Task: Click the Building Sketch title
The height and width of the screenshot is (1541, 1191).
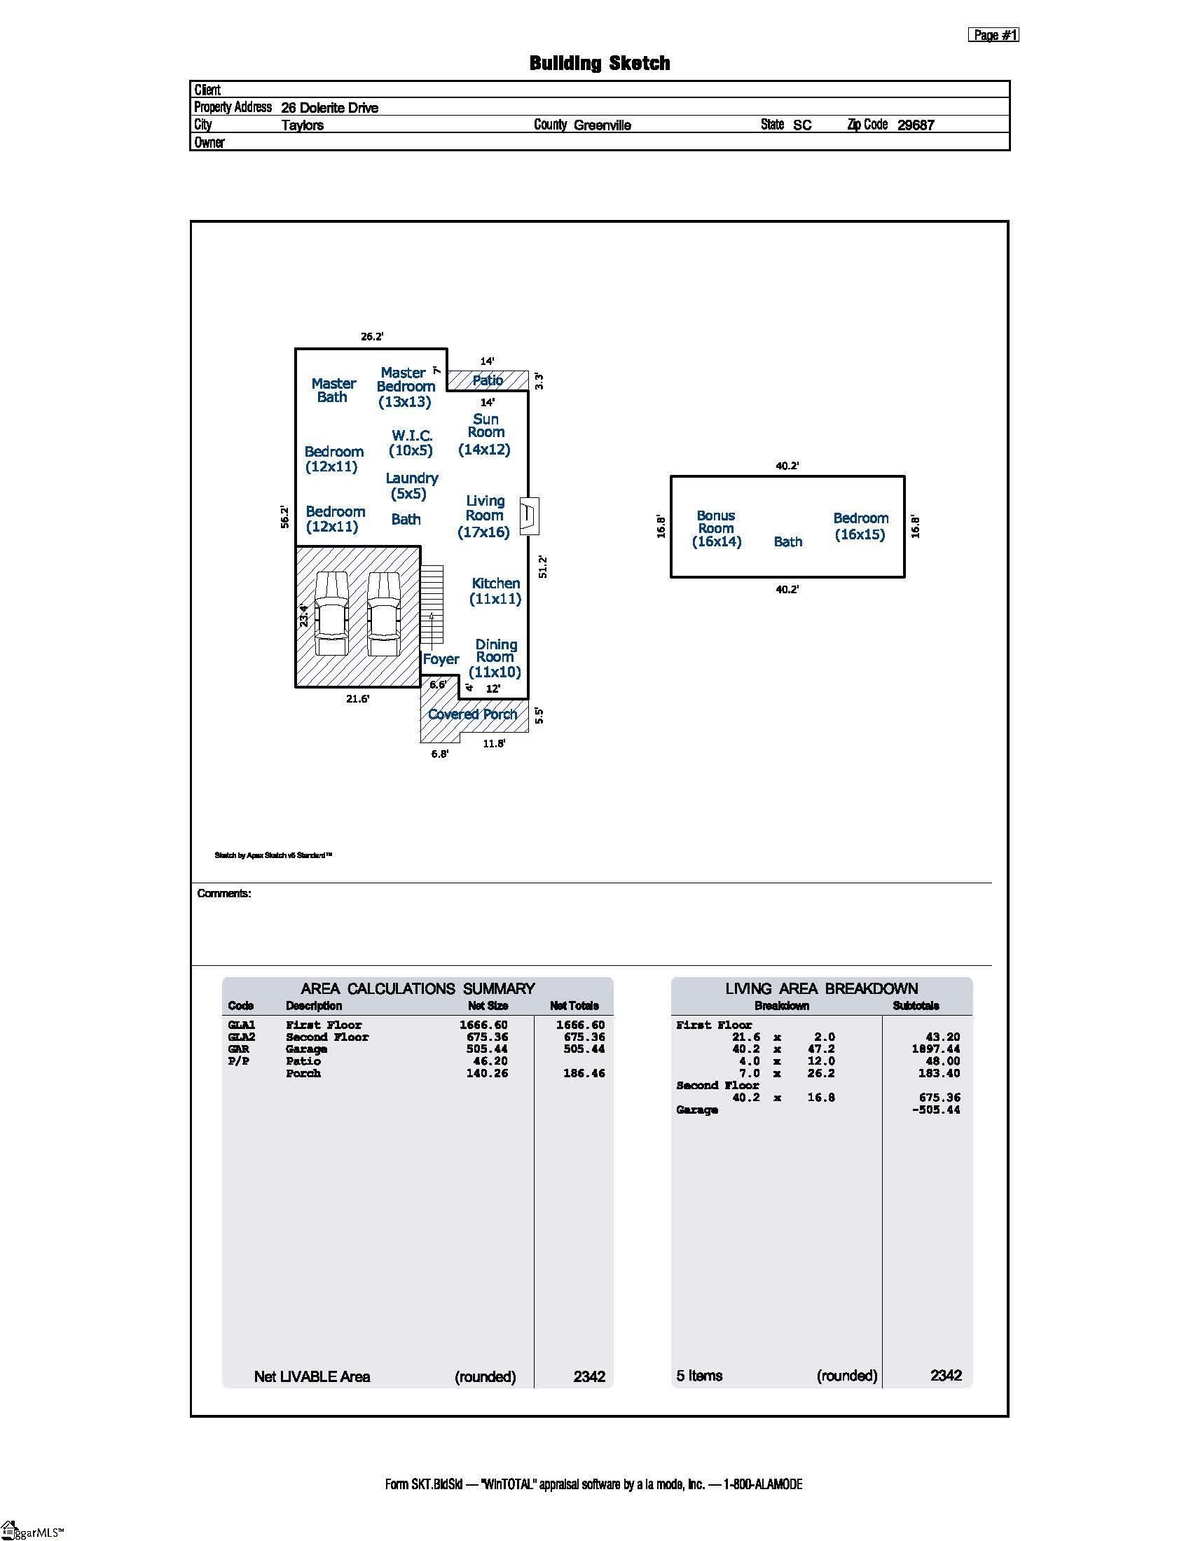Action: tap(600, 64)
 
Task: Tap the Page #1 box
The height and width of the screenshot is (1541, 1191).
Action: tap(993, 34)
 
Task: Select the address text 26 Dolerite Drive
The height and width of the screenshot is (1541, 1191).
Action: tap(329, 108)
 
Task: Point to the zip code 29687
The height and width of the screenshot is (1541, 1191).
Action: tap(916, 125)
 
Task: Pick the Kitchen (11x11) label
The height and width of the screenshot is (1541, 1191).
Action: tap(495, 591)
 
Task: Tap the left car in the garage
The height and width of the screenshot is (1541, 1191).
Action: tap(331, 613)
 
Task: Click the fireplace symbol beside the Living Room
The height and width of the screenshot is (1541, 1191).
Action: tap(530, 516)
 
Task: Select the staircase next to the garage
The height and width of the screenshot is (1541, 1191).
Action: tap(432, 604)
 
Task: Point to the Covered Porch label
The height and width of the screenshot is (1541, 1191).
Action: tap(473, 714)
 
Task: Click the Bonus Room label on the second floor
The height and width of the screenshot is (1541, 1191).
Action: tap(716, 528)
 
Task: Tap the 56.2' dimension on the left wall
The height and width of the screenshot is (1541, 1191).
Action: tap(284, 516)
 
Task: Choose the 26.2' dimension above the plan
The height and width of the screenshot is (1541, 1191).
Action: tap(372, 336)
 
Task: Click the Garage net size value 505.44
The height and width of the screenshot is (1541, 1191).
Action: tap(487, 1049)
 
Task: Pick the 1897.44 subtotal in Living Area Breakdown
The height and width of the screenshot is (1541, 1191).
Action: tap(935, 1049)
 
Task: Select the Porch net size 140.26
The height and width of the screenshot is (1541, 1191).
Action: tap(487, 1073)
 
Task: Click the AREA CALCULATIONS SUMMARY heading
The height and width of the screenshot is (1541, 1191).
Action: tap(418, 988)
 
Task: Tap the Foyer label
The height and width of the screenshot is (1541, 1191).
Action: tap(441, 659)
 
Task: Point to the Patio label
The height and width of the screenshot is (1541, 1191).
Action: tap(488, 380)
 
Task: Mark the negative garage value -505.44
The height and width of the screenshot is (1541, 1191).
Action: tap(935, 1110)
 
